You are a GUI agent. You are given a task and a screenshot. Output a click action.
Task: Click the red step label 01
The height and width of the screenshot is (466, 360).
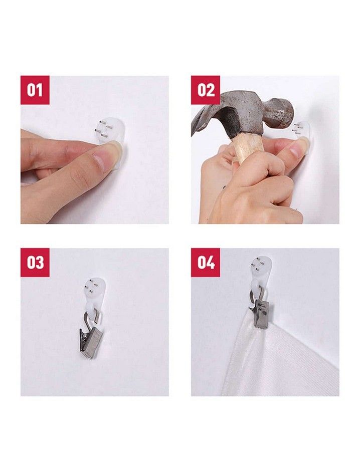[35, 90]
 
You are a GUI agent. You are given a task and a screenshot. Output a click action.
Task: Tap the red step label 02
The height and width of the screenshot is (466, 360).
[206, 90]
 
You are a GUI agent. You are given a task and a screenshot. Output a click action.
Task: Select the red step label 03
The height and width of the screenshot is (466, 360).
[35, 263]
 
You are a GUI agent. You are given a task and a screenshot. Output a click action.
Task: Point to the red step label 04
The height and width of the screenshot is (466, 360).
[206, 263]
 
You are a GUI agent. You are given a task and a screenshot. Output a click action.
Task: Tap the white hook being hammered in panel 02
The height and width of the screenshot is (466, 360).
[302, 134]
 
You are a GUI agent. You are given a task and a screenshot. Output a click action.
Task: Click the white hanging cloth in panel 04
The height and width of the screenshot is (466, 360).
[282, 360]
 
